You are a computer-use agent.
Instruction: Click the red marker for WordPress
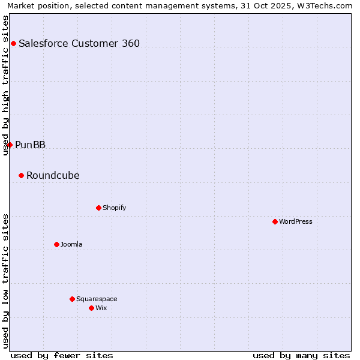click(275, 221)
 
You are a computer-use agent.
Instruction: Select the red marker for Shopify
click(98, 208)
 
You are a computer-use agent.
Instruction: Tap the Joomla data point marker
click(56, 244)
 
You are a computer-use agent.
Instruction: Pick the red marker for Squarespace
click(72, 299)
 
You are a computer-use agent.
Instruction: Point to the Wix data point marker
click(91, 308)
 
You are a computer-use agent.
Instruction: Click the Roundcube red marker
click(21, 175)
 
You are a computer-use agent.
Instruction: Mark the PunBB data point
click(10, 145)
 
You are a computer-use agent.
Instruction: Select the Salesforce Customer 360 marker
click(13, 43)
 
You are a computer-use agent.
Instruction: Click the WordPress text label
click(296, 221)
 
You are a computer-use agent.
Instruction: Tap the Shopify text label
click(114, 208)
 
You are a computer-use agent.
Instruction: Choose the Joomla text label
click(71, 244)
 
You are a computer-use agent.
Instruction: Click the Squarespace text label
click(97, 299)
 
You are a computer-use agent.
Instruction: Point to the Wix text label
click(101, 308)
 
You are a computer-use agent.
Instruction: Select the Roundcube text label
click(53, 175)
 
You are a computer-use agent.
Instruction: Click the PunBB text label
click(30, 145)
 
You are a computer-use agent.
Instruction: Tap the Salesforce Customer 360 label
click(79, 43)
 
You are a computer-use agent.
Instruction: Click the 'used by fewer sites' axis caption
click(62, 355)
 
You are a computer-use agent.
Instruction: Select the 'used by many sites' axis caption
click(301, 355)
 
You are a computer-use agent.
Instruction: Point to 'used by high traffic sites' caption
click(5, 85)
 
